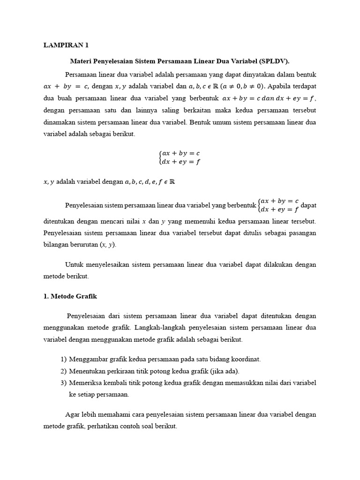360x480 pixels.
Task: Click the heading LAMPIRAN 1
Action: pyautogui.click(x=66, y=45)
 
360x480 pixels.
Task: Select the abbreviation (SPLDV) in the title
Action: pyautogui.click(x=273, y=61)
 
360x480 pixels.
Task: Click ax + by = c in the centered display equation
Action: pyautogui.click(x=181, y=154)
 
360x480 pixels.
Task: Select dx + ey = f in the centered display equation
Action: pyautogui.click(x=181, y=162)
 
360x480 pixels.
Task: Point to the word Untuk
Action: pyautogui.click(x=74, y=264)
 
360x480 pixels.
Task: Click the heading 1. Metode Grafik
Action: pyautogui.click(x=70, y=297)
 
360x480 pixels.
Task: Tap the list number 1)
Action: pyautogui.click(x=64, y=359)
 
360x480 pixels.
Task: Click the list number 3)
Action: pyautogui.click(x=64, y=383)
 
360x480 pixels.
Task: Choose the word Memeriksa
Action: pyautogui.click(x=85, y=383)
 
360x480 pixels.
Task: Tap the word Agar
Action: pyautogui.click(x=71, y=415)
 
